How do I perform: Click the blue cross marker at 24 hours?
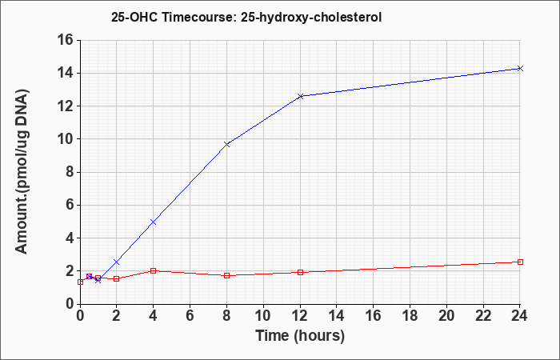[520, 68]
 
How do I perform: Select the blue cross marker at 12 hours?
[300, 96]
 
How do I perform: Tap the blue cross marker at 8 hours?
[226, 144]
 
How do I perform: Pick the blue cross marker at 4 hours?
[154, 222]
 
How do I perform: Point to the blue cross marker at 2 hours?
[117, 262]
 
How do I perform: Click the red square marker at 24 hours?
[520, 262]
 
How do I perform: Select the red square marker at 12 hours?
[300, 272]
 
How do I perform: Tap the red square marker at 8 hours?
[226, 275]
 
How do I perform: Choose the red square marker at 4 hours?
[154, 270]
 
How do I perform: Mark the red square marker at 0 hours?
[80, 282]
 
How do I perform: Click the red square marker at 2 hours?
[117, 278]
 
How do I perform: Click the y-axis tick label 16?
[65, 40]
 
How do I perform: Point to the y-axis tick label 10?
[65, 139]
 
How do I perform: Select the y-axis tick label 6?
[68, 206]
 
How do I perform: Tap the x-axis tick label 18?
[410, 315]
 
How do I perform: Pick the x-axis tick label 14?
[337, 315]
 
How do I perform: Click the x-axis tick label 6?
[190, 315]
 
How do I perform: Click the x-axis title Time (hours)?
[300, 336]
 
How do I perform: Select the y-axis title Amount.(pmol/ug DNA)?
[22, 171]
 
